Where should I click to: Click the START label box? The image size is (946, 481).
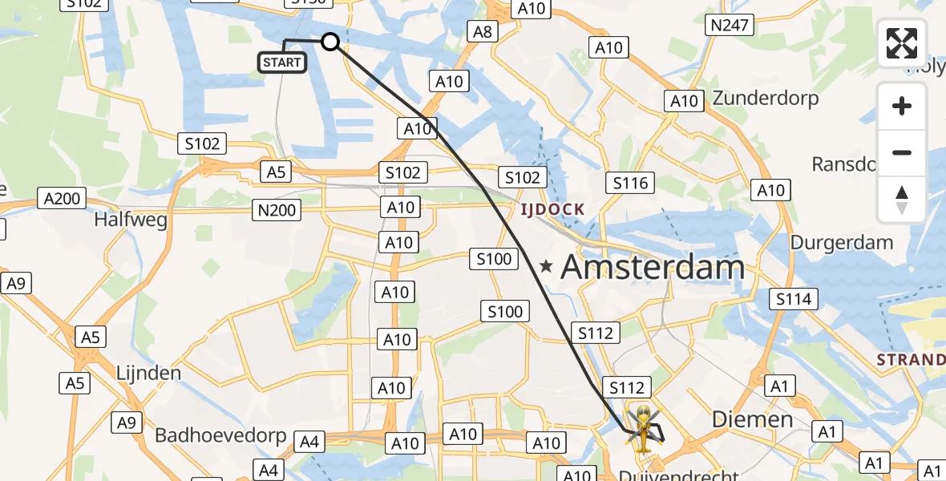tap(281, 63)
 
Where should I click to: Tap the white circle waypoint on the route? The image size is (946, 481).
tap(330, 42)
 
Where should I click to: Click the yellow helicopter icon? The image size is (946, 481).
tap(643, 426)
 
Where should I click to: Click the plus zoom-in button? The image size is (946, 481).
tap(902, 107)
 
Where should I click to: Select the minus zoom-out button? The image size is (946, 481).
tap(902, 152)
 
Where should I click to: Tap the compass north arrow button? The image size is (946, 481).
tap(902, 199)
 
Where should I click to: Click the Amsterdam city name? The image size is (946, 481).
tap(653, 268)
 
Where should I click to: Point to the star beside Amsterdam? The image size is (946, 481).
tap(546, 267)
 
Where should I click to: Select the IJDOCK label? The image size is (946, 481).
tap(552, 210)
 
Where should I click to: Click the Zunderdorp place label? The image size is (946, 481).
tap(765, 99)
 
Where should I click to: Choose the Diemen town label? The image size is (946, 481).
tap(753, 419)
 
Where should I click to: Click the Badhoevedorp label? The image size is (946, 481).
tap(220, 435)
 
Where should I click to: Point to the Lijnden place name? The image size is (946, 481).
tap(148, 373)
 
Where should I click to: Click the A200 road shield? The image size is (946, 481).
tap(63, 198)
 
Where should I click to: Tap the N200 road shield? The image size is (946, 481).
tap(277, 211)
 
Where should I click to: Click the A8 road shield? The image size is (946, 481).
tap(482, 32)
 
